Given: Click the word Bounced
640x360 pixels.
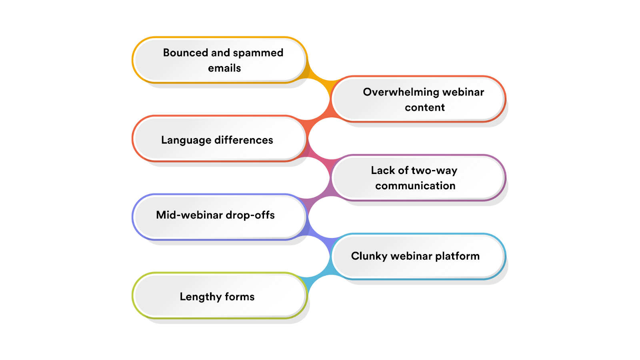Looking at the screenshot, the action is [185, 52].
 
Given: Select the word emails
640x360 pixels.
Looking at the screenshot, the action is [224, 68].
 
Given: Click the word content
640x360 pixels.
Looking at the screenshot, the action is [424, 108].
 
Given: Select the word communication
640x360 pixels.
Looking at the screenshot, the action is [415, 186].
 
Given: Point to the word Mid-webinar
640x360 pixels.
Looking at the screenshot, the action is [189, 215].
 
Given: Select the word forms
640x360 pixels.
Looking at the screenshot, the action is [240, 296].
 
